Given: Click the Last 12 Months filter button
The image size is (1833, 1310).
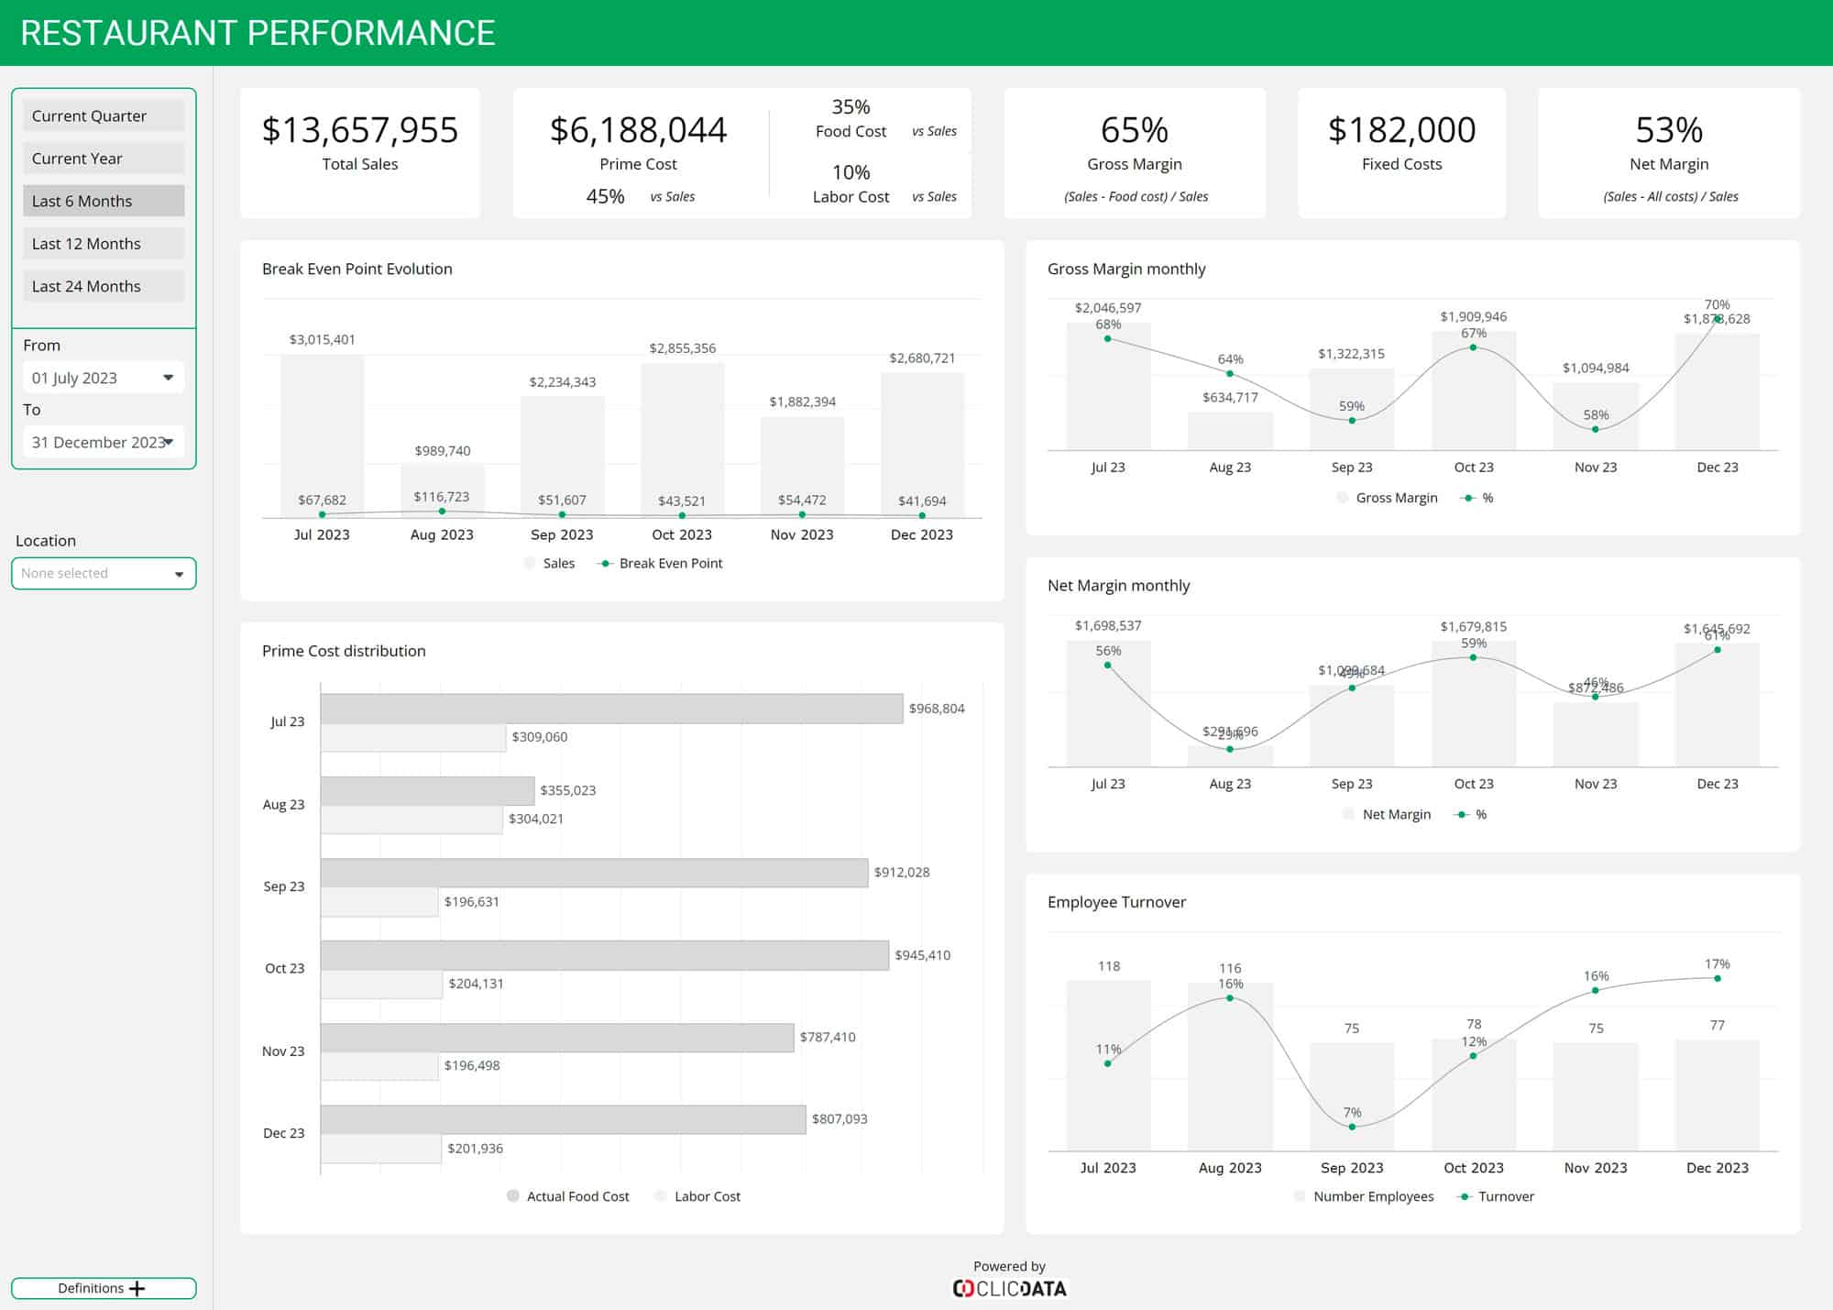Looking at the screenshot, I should tap(103, 244).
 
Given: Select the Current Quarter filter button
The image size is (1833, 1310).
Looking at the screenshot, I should tap(103, 116).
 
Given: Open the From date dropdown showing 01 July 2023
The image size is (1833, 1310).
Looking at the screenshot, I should tap(103, 378).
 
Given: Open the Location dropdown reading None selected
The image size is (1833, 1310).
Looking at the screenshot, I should tap(104, 573).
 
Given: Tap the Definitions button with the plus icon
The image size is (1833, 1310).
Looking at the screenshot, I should tap(104, 1288).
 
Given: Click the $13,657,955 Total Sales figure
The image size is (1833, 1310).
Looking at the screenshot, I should tap(359, 130).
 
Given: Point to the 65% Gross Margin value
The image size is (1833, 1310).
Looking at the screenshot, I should tap(1134, 130).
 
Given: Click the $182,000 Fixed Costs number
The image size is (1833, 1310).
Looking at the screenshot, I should tap(1401, 130).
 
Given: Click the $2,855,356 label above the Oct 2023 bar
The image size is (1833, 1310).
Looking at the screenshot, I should tap(682, 348).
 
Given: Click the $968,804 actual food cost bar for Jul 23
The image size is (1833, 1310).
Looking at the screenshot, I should tap(611, 709).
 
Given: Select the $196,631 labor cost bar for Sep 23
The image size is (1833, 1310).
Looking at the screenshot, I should tap(379, 902).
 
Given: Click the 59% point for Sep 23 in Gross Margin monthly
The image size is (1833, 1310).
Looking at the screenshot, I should tap(1352, 421).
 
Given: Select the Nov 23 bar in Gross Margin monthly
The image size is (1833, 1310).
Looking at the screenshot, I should tap(1596, 417).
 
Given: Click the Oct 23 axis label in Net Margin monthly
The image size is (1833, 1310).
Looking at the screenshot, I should tap(1474, 784).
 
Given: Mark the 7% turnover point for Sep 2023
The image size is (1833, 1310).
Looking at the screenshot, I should tap(1352, 1127).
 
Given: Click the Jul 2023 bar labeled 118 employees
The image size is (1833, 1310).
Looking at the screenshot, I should tap(1108, 1063).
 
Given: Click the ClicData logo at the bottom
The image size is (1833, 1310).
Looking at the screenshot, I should tap(1009, 1288).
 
